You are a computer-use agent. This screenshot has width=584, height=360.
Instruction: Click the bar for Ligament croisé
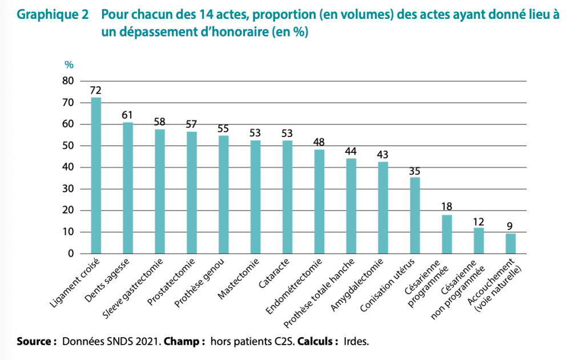tap(96, 176)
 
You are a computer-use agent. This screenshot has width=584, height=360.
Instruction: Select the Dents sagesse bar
tap(128, 188)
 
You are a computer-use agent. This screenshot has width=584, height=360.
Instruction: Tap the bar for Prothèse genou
tap(224, 195)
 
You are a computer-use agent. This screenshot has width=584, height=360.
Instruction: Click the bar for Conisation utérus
tap(415, 216)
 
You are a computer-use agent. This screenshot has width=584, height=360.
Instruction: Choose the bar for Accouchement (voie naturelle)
tap(510, 244)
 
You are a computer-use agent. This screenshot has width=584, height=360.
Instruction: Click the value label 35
tap(415, 171)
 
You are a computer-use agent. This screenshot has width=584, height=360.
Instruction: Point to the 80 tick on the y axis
tap(68, 81)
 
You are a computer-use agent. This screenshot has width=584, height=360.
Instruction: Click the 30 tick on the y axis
tap(68, 189)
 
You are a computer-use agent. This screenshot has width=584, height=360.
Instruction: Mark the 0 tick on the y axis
tap(71, 253)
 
